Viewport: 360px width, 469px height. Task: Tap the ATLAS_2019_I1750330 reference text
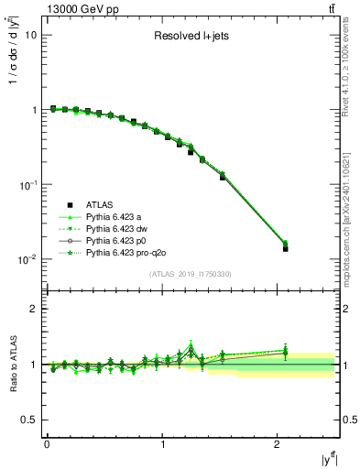[190, 274]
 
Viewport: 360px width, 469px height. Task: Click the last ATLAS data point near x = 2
[285, 248]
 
